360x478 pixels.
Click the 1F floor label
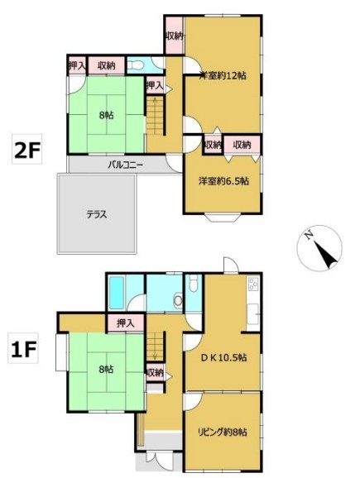pos(24,349)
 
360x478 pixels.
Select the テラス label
pos(97,215)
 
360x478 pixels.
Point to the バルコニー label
pos(126,165)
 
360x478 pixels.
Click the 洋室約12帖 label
pos(223,75)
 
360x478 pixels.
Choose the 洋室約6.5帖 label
pos(223,181)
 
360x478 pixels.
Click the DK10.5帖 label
pos(223,357)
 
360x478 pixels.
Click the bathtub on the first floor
pos(116,293)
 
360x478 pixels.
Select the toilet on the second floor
pos(135,65)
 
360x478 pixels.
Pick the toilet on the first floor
pos(194,283)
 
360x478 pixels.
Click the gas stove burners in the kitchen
pos(253,284)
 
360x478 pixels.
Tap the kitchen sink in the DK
pos(253,314)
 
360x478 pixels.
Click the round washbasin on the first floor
pos(178,301)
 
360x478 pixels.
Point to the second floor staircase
pos(156,116)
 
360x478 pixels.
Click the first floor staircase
pos(156,347)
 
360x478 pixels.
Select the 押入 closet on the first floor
pos(126,323)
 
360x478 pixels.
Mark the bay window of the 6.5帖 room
pos(223,217)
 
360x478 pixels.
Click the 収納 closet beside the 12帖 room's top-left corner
pos(174,36)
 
